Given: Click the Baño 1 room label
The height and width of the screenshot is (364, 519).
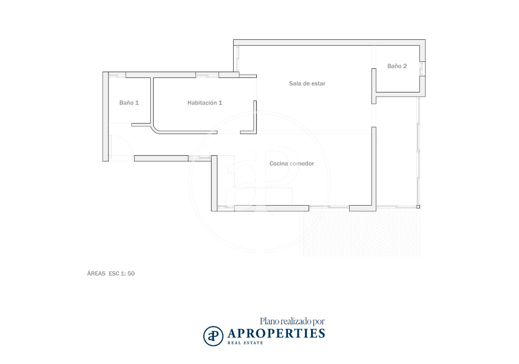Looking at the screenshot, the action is coord(129,103).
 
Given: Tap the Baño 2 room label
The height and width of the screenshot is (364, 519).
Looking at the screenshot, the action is coord(397,66).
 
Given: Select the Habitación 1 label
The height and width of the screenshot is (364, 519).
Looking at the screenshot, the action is coord(204,103).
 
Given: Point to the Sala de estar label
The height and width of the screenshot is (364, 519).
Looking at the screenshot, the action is coord(307,83).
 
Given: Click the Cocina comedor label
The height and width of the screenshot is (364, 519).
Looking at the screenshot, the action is coord(291,163).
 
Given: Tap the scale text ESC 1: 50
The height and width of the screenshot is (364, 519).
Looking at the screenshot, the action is coord(122,273).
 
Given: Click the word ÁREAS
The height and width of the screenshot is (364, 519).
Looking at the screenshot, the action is coord(96,273).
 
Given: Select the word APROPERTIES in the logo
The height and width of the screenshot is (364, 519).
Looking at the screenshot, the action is coord(276,333).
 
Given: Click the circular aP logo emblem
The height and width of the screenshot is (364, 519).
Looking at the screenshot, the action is coord(213,336).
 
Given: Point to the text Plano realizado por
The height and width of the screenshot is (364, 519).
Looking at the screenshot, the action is coord(292,321).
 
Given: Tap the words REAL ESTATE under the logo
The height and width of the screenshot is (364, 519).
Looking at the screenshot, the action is coord(245,343).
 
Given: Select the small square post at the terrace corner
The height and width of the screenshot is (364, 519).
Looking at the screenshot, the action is coord(418,207).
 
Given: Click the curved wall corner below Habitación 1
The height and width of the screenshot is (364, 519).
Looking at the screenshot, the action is coord(155,130).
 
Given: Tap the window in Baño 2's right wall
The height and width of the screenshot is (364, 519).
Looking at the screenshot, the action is coord(422,69).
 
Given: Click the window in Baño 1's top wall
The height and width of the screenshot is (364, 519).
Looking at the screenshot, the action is coord(117,75).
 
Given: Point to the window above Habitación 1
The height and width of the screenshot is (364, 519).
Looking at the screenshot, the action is coord(207,75).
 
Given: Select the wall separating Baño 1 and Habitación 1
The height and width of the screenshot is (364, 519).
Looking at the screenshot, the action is coord(152,101).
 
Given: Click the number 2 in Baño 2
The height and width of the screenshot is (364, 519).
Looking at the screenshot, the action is coord(405,66).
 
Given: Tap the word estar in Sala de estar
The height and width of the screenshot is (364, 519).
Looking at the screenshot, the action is coord(319,83).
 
